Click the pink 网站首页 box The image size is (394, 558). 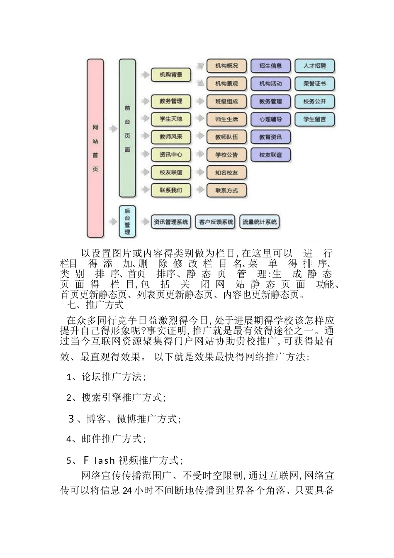click(95, 148)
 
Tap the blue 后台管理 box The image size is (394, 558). click(127, 221)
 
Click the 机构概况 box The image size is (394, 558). click(226, 66)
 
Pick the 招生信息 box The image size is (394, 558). click(270, 66)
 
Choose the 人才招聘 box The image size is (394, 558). click(314, 66)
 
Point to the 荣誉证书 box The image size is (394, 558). click(314, 83)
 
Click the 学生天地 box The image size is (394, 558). click(171, 119)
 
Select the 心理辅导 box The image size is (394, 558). click(270, 119)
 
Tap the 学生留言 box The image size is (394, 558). click(314, 119)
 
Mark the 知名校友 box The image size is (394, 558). click(226, 173)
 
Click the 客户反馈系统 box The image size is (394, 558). click(216, 222)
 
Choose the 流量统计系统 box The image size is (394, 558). click(260, 222)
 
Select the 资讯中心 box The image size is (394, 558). click(171, 155)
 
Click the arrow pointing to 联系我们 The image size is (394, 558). click(145, 190)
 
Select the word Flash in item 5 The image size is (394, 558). click(99, 460)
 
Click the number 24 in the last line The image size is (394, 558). click(127, 491)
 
